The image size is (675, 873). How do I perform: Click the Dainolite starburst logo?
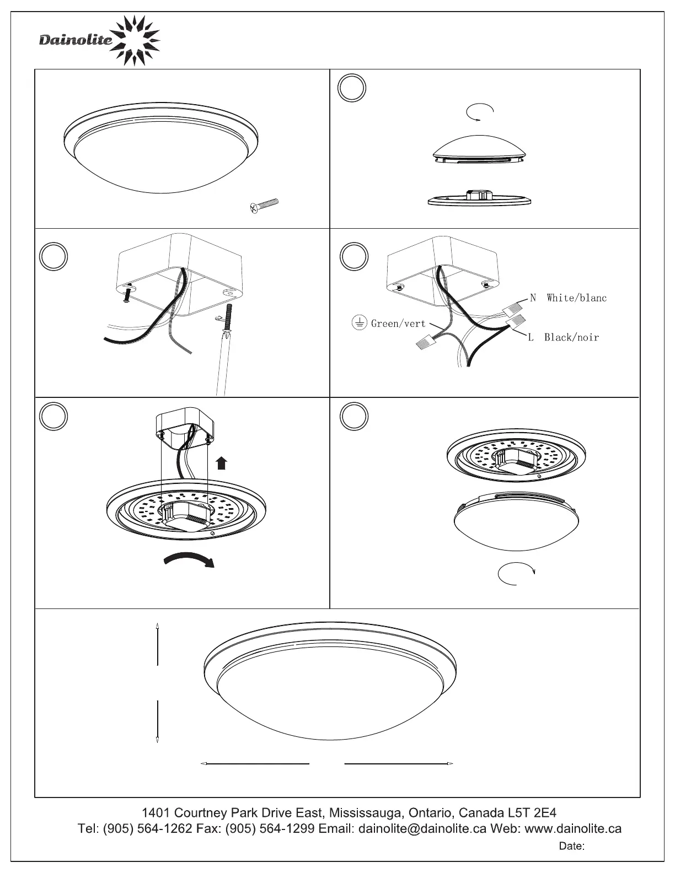135,40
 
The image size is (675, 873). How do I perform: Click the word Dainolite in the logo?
76,40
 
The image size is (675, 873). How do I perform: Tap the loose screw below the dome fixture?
264,206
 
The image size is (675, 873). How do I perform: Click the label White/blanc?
576,298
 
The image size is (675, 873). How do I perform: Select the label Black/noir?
571,337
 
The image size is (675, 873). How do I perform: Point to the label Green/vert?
398,324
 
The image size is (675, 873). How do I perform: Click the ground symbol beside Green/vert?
360,322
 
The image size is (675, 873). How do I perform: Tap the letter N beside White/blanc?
533,298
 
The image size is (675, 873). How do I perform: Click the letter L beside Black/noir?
531,337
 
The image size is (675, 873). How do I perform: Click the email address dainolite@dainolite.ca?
422,828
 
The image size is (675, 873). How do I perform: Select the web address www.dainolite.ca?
573,828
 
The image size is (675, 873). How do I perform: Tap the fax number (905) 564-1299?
270,828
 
